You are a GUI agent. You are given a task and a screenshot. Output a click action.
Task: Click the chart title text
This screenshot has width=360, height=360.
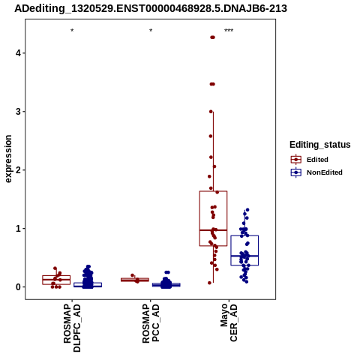click(x=151, y=8)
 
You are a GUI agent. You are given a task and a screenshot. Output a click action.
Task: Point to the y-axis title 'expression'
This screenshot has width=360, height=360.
click(x=8, y=159)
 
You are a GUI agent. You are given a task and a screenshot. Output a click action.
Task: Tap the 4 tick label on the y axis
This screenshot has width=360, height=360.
click(x=18, y=53)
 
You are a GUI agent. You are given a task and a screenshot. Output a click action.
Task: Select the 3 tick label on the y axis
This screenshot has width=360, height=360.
click(x=18, y=112)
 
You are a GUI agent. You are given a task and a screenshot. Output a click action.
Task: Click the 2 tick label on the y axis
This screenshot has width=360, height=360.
click(x=18, y=170)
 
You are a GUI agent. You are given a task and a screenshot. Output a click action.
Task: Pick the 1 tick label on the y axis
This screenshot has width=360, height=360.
click(x=18, y=229)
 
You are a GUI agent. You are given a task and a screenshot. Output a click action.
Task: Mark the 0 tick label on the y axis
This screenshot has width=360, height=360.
click(x=18, y=287)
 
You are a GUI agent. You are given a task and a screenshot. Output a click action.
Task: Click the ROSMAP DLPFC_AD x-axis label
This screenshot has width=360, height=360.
click(x=72, y=328)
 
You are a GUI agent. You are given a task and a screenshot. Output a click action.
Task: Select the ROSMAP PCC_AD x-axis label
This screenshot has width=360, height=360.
click(x=151, y=323)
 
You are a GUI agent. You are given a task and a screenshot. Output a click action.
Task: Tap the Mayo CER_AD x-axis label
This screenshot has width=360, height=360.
click(x=229, y=322)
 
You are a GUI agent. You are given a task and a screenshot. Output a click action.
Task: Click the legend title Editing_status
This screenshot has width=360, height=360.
click(x=320, y=145)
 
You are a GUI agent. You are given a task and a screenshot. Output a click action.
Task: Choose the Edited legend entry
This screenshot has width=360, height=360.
click(x=310, y=160)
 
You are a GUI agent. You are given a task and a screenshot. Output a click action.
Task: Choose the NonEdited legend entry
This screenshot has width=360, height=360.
click(x=316, y=172)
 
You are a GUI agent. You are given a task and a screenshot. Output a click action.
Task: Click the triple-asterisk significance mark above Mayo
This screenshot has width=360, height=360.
click(x=229, y=31)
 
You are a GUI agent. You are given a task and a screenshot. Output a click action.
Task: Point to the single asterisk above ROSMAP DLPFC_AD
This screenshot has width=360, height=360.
click(x=72, y=31)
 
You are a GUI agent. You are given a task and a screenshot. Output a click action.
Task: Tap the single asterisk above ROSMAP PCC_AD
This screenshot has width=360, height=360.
click(x=151, y=31)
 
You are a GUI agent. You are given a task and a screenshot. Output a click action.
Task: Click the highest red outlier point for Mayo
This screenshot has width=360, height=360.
click(x=212, y=37)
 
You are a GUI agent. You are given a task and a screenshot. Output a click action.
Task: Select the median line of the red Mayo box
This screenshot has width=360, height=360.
click(x=213, y=230)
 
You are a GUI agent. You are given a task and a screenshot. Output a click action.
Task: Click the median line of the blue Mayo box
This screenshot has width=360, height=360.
click(x=244, y=256)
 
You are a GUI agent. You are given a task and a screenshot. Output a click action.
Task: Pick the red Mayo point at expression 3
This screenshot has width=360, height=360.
click(x=211, y=112)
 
